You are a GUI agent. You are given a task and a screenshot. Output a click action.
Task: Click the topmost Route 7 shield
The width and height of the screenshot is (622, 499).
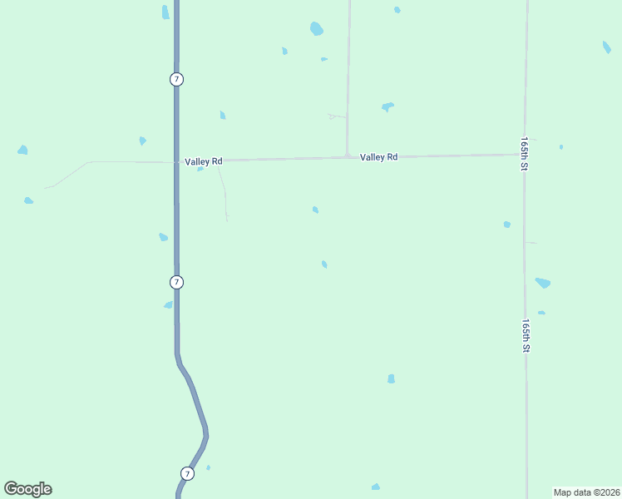pos(176,79)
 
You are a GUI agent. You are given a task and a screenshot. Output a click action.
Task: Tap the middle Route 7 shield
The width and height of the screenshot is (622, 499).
pos(176,282)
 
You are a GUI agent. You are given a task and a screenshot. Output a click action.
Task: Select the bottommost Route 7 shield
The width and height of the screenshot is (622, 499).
pos(187,473)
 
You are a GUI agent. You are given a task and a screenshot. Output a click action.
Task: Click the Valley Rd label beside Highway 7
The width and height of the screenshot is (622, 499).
pos(204,161)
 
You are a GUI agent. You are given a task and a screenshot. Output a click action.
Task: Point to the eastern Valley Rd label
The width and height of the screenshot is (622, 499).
pos(378,156)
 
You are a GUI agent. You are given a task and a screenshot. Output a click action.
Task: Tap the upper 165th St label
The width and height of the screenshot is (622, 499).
pos(525,155)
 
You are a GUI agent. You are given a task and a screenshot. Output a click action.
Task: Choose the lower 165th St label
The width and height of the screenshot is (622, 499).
pos(526,336)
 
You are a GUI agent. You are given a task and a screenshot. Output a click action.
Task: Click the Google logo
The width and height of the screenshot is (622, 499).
pos(27,489)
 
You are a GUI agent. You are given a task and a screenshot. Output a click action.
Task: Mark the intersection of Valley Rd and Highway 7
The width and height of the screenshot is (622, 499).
pos(176,161)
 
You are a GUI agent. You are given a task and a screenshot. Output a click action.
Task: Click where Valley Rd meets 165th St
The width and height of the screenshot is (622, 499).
pos(525,154)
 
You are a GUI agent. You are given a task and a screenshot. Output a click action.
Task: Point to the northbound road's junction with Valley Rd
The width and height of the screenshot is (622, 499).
pos(347,156)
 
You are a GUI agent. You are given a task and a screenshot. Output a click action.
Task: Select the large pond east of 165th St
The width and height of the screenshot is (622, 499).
pos(543,283)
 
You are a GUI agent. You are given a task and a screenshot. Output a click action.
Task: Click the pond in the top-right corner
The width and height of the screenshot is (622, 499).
pos(607,47)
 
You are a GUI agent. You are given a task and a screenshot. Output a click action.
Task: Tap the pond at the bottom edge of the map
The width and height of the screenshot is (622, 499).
pos(376,487)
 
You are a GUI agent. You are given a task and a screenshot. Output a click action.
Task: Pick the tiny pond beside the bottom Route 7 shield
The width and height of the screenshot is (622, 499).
pos(208,467)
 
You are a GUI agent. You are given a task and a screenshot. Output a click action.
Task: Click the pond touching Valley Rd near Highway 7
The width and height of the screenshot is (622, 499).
pos(200,169)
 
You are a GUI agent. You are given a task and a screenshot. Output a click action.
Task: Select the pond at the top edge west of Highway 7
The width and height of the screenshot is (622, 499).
pos(165,12)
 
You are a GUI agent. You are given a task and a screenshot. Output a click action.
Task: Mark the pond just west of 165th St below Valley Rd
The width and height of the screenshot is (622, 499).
pos(506,225)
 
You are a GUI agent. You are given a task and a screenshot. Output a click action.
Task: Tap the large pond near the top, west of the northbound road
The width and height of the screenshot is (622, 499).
pos(316,29)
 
